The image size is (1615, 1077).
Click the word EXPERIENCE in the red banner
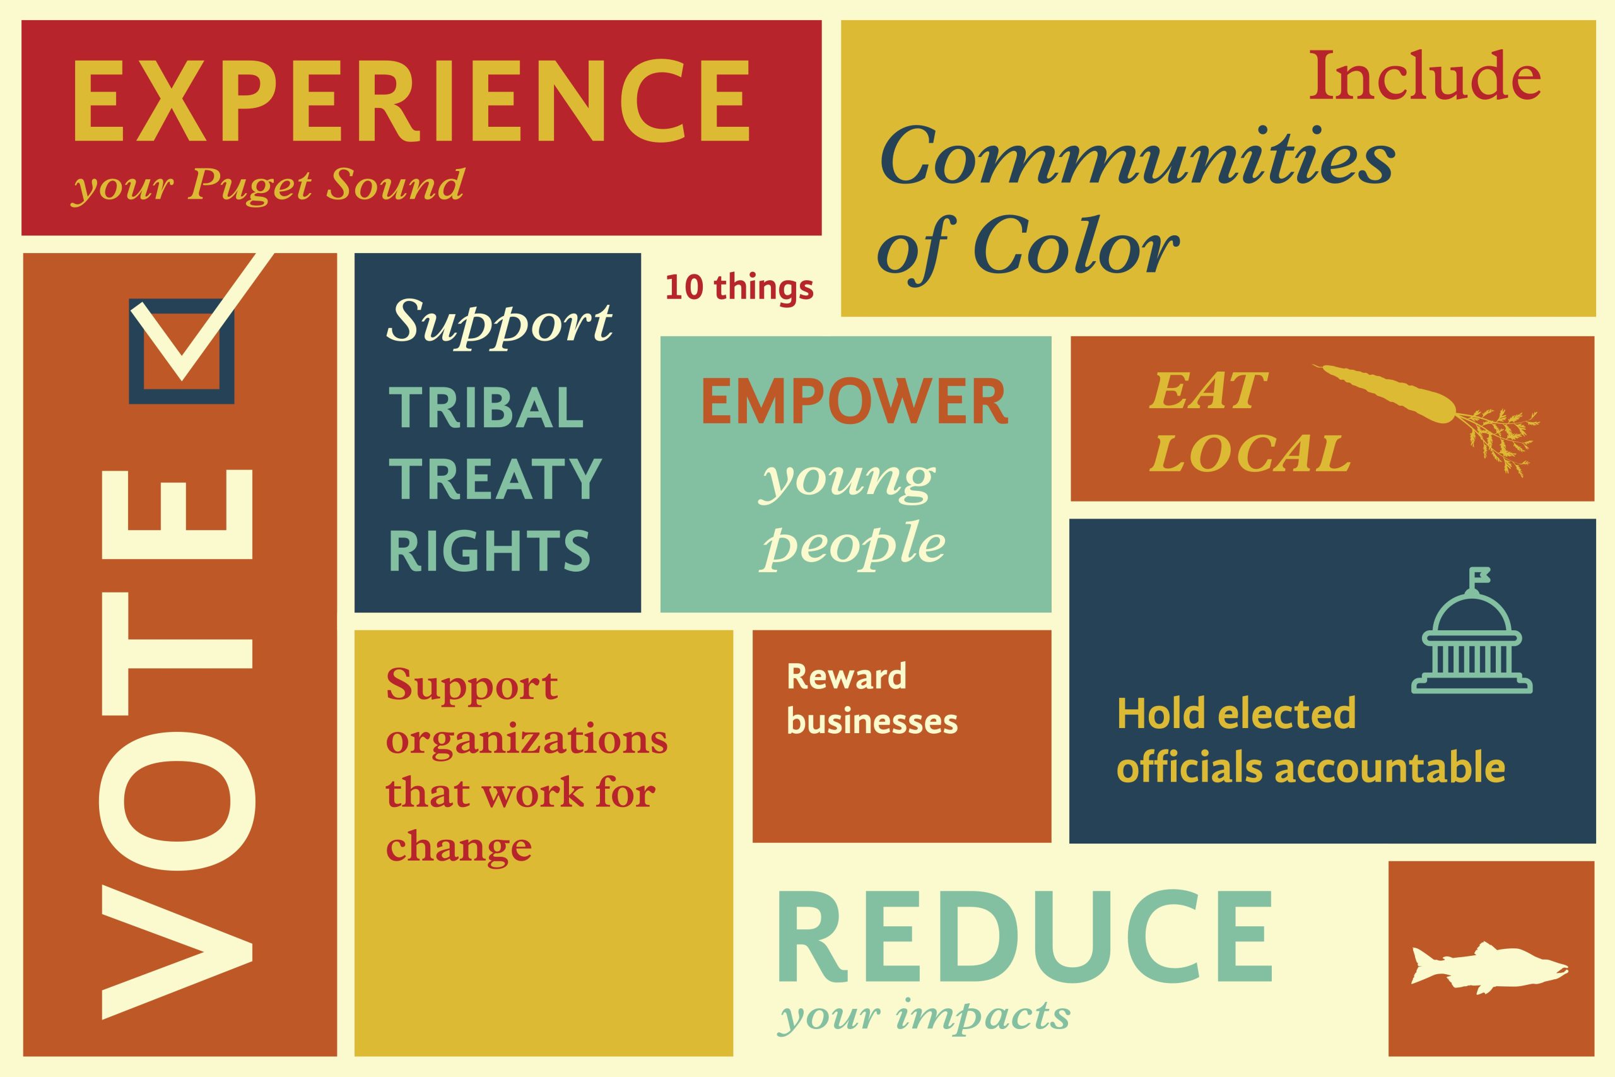point(411,101)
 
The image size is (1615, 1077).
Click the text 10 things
point(739,288)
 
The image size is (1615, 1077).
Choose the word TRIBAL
point(486,408)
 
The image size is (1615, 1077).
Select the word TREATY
point(495,479)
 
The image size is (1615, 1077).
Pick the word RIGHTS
point(490,550)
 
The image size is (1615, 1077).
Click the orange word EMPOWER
point(854,403)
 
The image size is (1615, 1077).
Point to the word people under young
point(854,546)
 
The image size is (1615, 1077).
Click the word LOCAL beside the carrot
point(1250,454)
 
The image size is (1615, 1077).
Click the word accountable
point(1390,767)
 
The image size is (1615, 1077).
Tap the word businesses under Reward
point(872,721)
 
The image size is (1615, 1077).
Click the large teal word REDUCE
point(1024,937)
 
